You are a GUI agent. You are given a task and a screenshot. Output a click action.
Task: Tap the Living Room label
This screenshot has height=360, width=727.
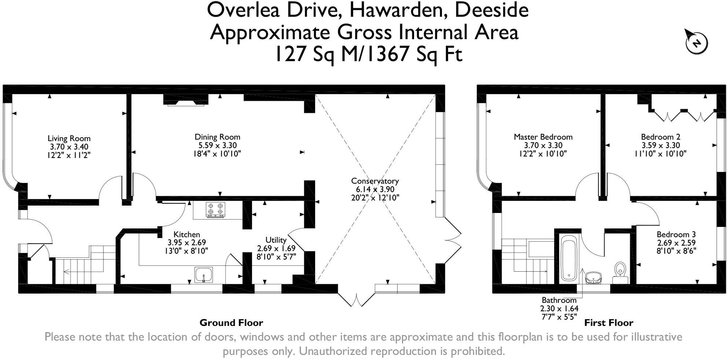pos(69,139)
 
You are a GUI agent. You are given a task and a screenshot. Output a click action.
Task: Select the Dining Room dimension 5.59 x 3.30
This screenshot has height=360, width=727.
pos(217,146)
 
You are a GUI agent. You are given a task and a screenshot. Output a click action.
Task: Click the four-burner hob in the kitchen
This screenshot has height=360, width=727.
pos(215,209)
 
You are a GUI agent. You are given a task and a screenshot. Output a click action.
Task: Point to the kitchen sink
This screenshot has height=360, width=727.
pos(203,275)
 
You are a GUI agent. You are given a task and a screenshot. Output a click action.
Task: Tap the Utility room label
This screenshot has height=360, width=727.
pos(276,240)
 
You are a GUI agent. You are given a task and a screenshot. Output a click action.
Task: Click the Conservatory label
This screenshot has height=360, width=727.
pos(374,181)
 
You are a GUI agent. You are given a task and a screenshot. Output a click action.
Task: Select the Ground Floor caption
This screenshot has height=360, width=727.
pos(231,323)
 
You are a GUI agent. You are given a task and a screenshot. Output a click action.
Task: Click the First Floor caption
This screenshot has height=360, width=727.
pos(608,323)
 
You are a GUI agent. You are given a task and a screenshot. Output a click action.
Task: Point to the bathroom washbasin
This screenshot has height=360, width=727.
pos(594,278)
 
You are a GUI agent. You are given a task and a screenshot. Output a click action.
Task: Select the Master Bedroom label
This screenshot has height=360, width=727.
pos(543,137)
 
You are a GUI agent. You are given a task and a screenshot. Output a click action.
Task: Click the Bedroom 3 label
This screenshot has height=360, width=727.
pos(676,234)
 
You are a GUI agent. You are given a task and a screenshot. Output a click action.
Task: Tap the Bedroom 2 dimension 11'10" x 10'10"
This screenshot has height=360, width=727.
pos(660,154)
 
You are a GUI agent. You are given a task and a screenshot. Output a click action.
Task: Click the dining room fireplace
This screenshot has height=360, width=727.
pos(186,100)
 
